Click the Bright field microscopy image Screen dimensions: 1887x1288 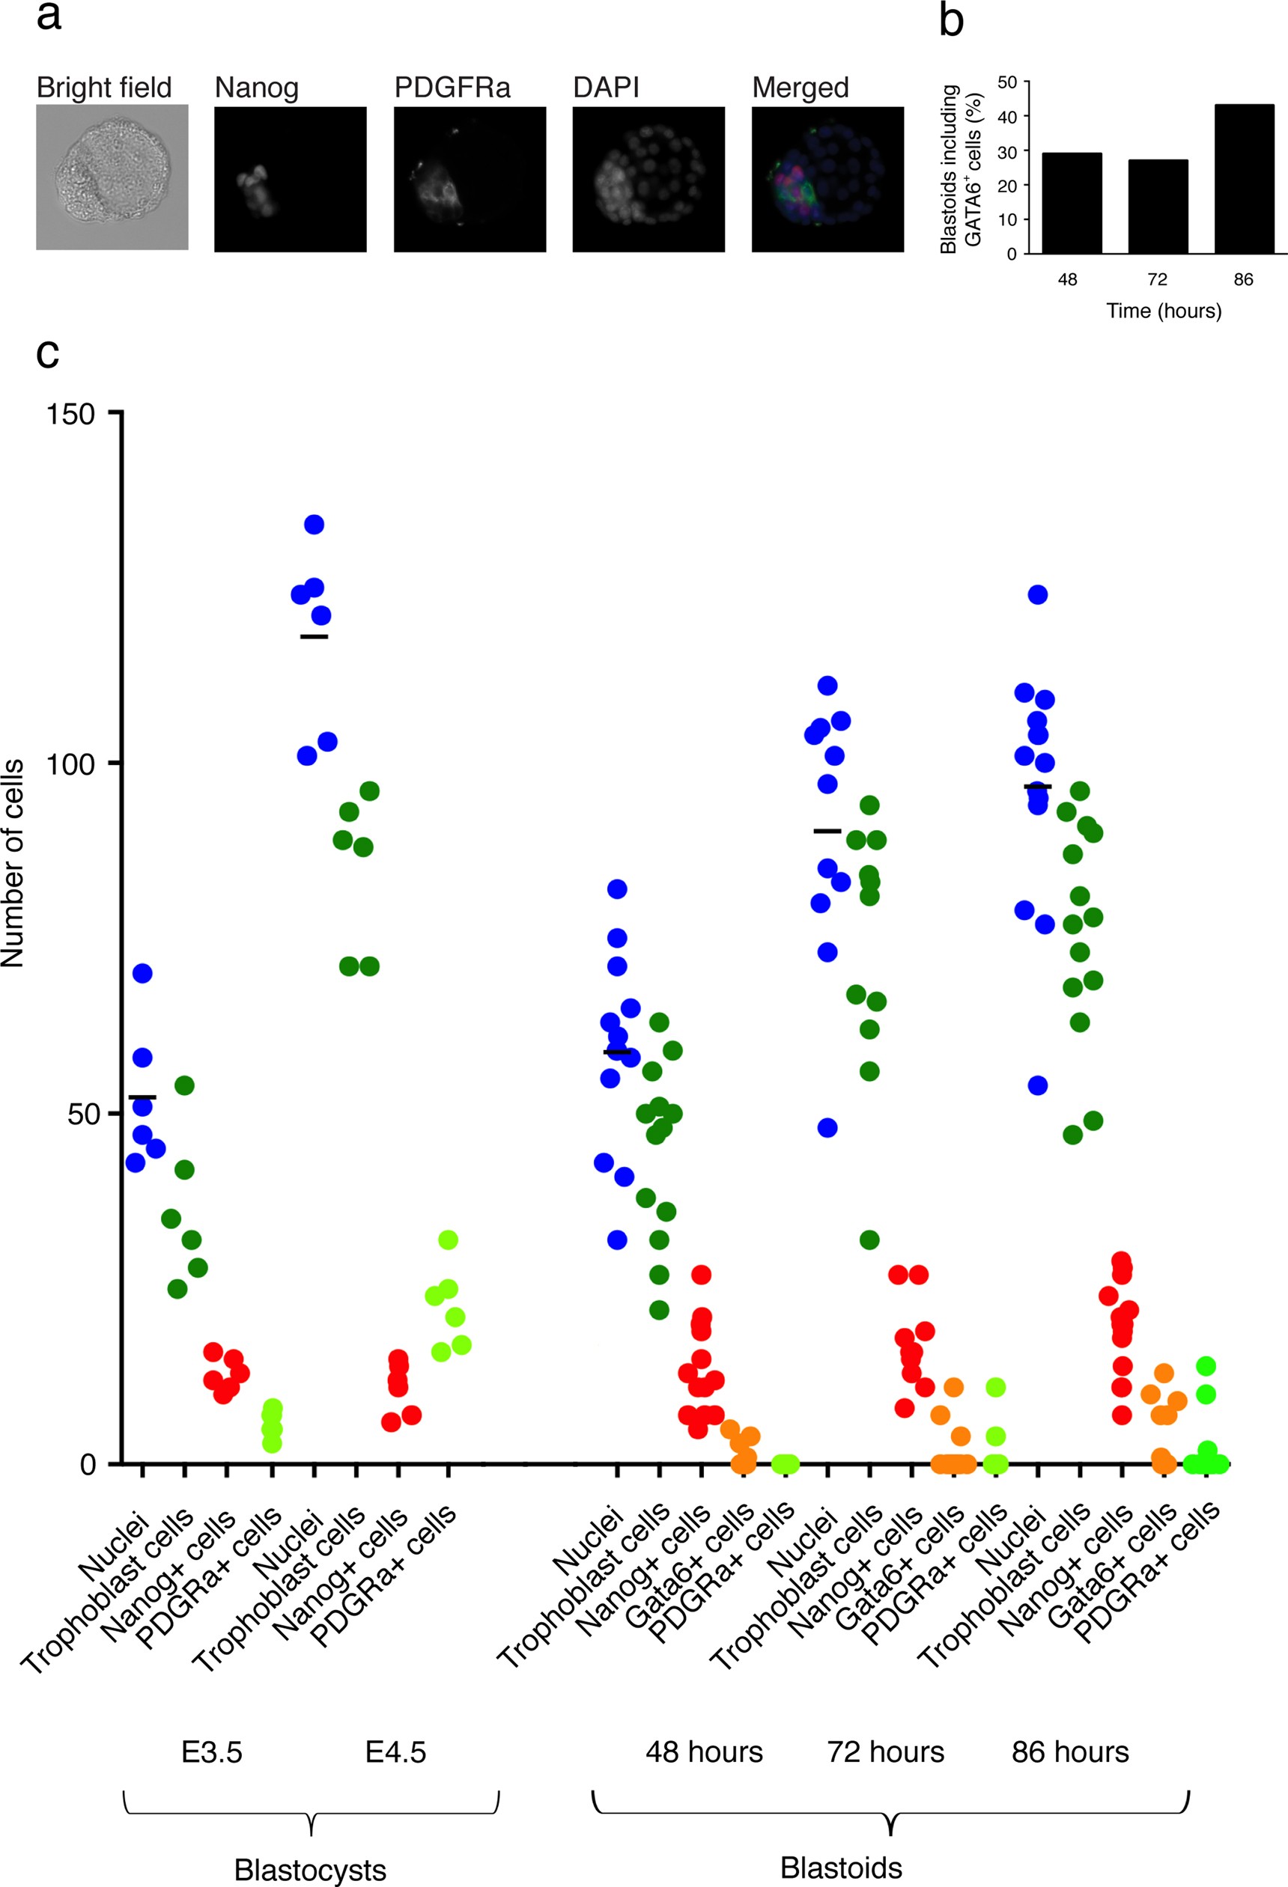[x=112, y=177]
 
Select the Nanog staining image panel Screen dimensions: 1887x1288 [x=290, y=179]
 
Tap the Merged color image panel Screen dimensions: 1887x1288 [x=827, y=179]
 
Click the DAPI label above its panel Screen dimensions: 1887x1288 [x=606, y=88]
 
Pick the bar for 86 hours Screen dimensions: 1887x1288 [x=1243, y=180]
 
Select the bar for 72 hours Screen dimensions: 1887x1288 [x=1158, y=207]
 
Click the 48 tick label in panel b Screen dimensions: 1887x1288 [x=1067, y=279]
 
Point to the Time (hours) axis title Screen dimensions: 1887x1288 [x=1163, y=311]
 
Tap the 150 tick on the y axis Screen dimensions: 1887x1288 [x=70, y=414]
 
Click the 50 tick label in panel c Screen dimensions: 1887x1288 [x=81, y=1114]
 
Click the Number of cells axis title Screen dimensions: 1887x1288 [x=13, y=863]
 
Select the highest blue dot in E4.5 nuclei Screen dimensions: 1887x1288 [x=315, y=525]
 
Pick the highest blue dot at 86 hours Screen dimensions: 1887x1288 [x=1038, y=594]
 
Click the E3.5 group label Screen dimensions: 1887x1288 [x=211, y=1752]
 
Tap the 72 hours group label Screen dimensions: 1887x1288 [x=885, y=1752]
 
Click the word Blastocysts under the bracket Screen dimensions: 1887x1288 [x=310, y=1869]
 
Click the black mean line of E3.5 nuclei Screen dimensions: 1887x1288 [x=142, y=1097]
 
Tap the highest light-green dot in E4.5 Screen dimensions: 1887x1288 [x=449, y=1240]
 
